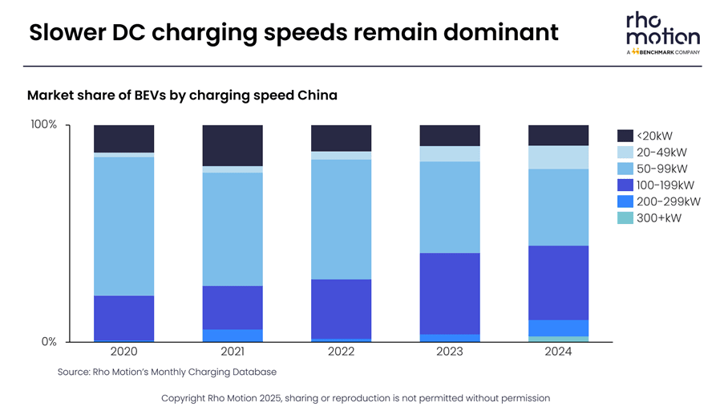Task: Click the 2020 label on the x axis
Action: [123, 352]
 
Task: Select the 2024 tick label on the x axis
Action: [558, 352]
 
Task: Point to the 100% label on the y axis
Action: [43, 125]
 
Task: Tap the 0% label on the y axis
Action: [49, 342]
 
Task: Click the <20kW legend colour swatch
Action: [625, 136]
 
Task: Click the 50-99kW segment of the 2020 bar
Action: [123, 226]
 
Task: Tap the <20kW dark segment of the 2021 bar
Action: [233, 145]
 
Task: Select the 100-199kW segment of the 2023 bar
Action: [450, 293]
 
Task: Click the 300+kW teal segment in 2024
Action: [558, 339]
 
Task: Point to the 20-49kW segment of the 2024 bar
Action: [558, 157]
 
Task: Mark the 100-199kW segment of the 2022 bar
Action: [341, 308]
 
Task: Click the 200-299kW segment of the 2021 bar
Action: [233, 336]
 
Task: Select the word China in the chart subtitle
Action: [318, 96]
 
